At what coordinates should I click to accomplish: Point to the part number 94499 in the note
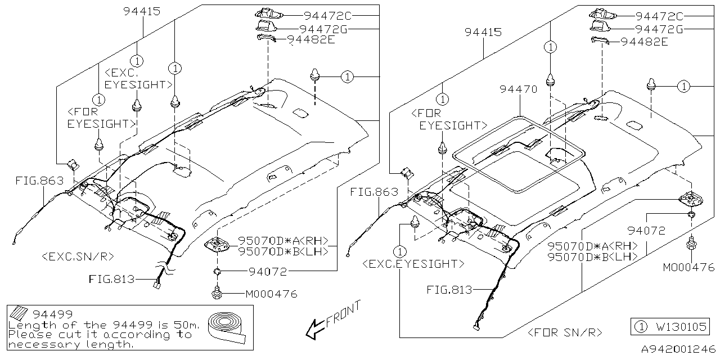(53, 314)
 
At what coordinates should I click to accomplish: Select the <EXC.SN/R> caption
(78, 256)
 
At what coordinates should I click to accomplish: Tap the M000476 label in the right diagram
(688, 268)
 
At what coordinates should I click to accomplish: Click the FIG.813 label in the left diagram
(111, 278)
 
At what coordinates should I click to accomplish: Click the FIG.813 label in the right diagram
(449, 290)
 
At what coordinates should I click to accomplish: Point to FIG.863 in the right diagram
(374, 192)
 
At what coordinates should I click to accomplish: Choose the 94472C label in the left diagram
(328, 16)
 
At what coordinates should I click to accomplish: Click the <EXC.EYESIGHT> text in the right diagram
(413, 263)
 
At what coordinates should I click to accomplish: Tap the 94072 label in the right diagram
(647, 231)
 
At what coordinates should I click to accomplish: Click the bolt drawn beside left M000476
(217, 293)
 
